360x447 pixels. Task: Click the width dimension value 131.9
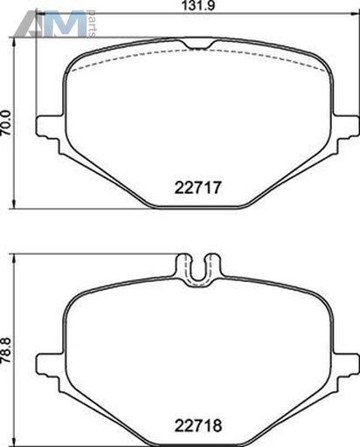197,5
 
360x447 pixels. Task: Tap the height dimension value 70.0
6,122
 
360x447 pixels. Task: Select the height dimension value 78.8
6,349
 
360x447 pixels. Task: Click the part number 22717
198,188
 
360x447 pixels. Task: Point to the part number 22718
198,426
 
